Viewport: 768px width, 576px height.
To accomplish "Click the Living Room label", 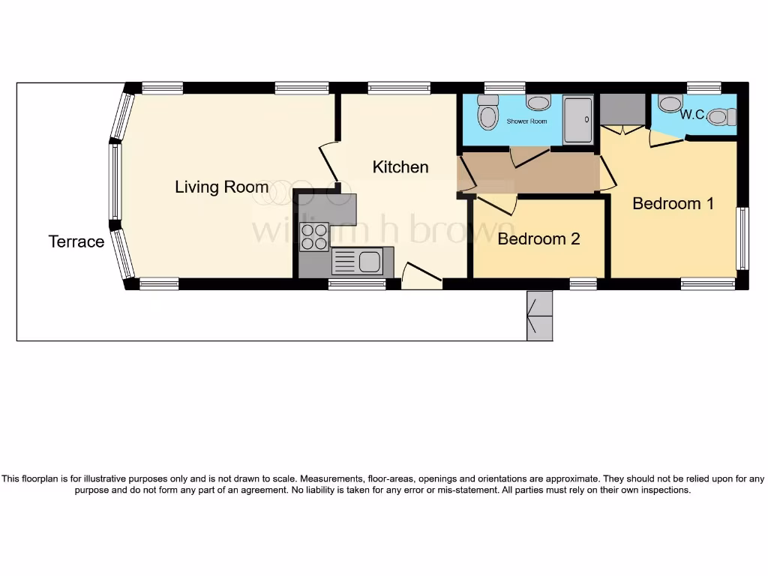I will pos(221,187).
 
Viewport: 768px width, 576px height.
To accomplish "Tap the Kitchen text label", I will pos(400,166).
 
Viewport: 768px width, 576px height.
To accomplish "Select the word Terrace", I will pos(76,241).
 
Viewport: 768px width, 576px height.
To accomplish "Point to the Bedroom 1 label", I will pos(673,203).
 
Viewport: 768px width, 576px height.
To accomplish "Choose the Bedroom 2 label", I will pos(538,239).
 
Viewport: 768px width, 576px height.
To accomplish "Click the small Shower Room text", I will pos(526,121).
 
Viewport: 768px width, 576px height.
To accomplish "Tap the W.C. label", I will pos(692,115).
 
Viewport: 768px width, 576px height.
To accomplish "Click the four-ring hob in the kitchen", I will pos(315,237).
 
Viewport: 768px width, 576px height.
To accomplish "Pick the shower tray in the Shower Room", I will pos(578,119).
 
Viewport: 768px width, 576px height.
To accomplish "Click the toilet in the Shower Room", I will pos(488,114).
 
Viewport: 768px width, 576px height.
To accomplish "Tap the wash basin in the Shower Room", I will pos(538,102).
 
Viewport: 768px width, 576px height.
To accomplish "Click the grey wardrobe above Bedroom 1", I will pos(623,109).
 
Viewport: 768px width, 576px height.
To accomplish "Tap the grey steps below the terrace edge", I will pos(539,316).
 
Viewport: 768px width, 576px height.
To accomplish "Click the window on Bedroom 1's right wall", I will pos(742,238).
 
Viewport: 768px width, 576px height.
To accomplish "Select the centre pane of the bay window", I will pos(115,181).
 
